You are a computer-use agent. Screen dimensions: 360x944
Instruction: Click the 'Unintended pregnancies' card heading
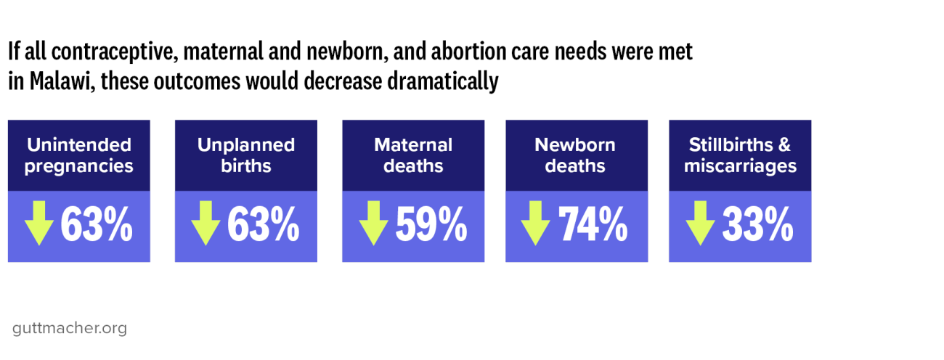[x=78, y=155]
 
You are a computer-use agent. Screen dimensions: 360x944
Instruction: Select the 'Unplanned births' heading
[x=245, y=155]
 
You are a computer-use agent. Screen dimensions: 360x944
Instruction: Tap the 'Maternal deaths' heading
[x=412, y=155]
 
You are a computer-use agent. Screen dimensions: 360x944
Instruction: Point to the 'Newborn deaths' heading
[x=575, y=155]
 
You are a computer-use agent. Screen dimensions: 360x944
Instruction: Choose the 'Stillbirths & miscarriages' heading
[x=739, y=155]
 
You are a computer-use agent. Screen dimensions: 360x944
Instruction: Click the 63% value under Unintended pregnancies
[x=97, y=225]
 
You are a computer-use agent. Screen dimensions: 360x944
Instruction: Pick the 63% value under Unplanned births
[x=264, y=225]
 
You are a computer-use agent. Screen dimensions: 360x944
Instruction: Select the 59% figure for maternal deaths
[x=431, y=225]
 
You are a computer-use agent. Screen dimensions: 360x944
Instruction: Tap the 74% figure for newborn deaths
[x=593, y=225]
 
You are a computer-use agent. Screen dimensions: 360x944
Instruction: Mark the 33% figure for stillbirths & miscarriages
[x=757, y=225]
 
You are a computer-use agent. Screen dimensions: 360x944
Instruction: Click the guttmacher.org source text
[x=70, y=328]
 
